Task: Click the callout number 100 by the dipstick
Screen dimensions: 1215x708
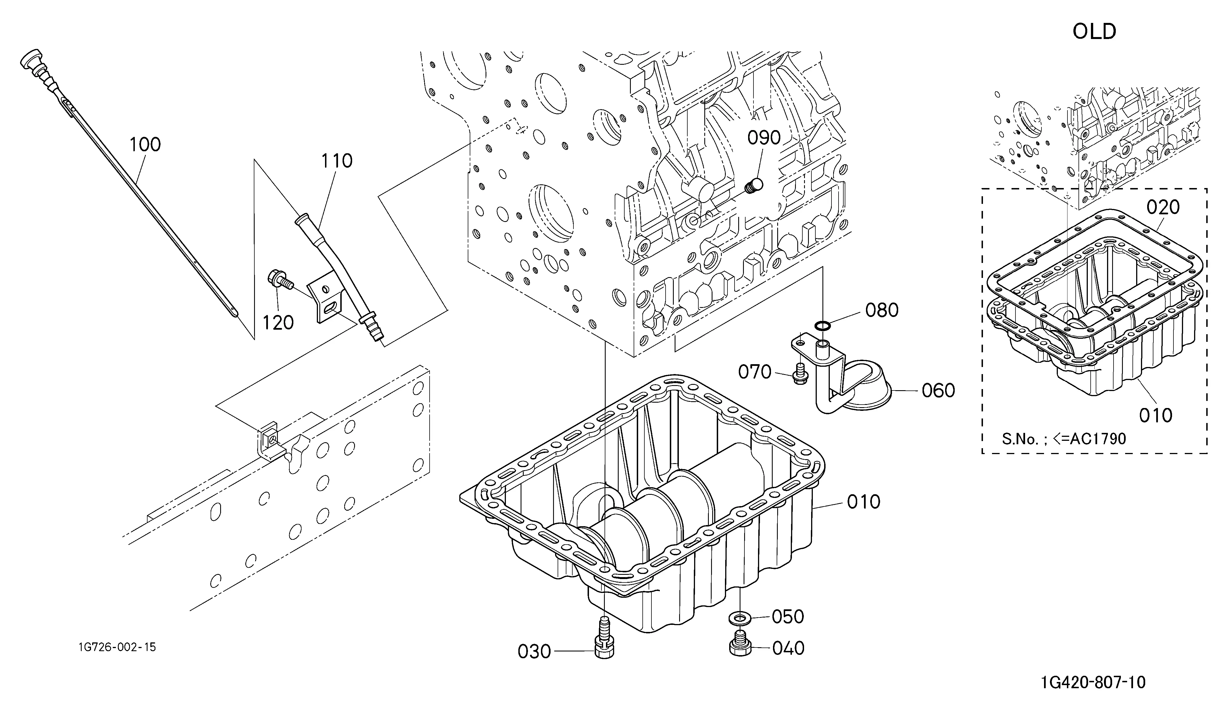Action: tap(145, 145)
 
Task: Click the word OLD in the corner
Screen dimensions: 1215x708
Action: tap(1094, 32)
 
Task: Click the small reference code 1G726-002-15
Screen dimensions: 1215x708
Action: tap(117, 647)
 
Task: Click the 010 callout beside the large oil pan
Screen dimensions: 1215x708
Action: tap(863, 502)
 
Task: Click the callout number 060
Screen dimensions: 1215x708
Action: tap(938, 391)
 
